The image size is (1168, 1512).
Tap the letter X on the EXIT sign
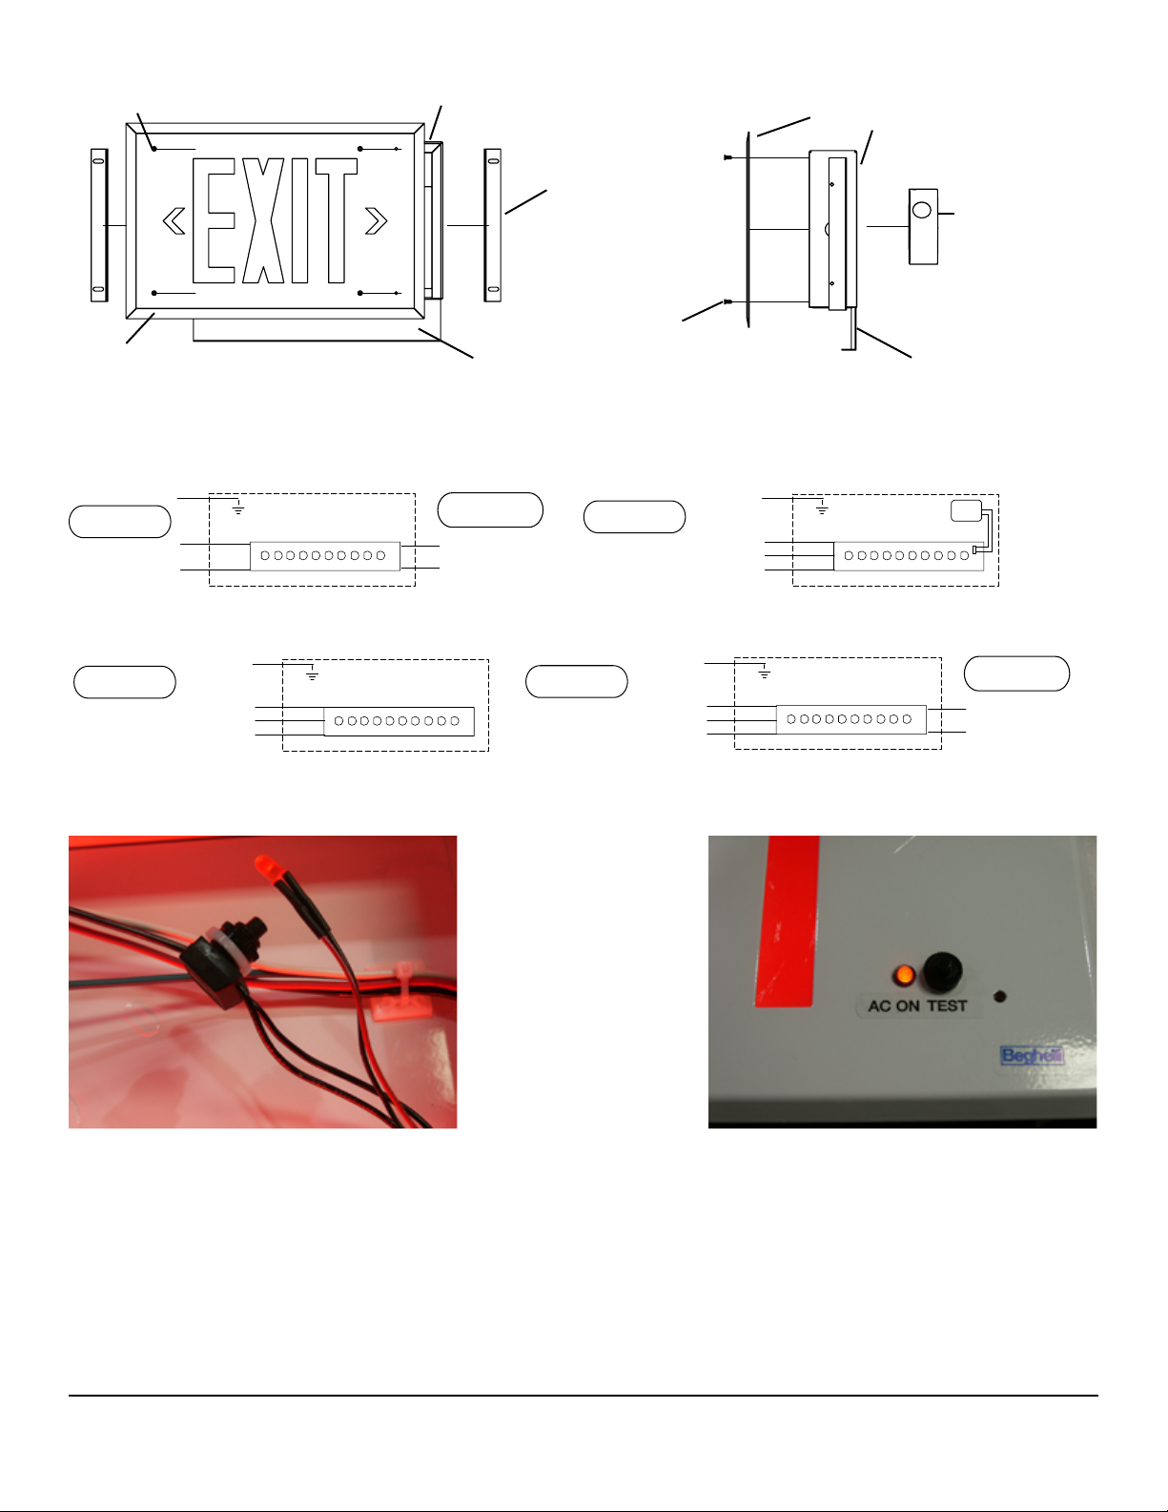[263, 220]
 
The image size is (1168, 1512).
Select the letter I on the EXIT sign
[299, 220]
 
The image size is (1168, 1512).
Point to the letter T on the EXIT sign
[337, 220]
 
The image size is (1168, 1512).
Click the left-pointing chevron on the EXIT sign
[174, 221]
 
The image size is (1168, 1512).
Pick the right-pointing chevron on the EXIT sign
[376, 221]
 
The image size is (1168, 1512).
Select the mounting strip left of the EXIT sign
[99, 225]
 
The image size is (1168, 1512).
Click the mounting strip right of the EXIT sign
[492, 225]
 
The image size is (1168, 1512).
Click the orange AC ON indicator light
[904, 975]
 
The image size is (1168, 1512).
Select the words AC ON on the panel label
[893, 1006]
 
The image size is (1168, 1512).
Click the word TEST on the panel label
[947, 1006]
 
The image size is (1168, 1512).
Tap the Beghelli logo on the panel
[1032, 1056]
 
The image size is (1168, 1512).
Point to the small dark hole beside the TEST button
[1000, 997]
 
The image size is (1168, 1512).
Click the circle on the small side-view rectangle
[921, 210]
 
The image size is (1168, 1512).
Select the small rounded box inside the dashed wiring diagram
[967, 510]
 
